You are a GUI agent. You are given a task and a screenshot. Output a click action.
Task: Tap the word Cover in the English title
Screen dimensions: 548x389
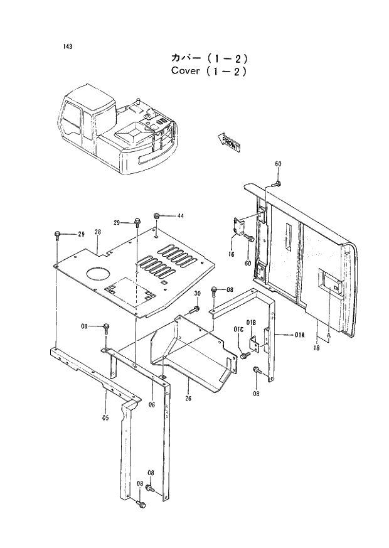tap(185, 70)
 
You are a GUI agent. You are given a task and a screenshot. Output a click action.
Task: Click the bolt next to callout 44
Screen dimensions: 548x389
tap(157, 217)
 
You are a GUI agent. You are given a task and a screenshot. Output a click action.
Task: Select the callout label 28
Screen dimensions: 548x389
tap(97, 232)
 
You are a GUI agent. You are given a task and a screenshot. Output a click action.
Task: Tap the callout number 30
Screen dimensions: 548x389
tap(197, 294)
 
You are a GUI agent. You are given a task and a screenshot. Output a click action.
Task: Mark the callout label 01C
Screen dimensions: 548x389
tap(238, 329)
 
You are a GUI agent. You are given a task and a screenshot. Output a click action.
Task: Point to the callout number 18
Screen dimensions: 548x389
tap(317, 347)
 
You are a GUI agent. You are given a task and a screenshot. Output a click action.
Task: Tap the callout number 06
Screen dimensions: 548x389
tap(151, 405)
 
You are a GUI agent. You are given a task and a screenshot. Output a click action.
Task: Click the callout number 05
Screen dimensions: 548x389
tap(106, 417)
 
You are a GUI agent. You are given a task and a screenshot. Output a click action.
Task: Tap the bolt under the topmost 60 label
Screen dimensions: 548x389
tap(277, 184)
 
